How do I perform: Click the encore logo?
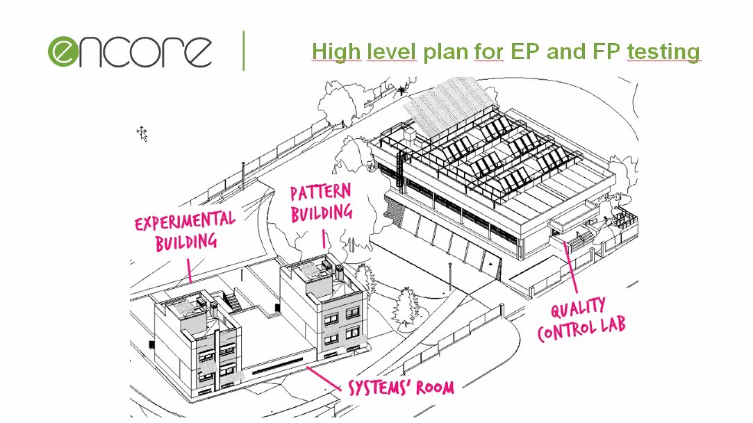[130, 51]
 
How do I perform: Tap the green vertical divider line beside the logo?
[244, 50]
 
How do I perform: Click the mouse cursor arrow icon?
[142, 133]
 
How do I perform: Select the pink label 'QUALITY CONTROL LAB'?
[581, 319]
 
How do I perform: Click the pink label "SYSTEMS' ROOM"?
[401, 386]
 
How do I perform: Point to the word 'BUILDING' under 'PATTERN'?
[322, 213]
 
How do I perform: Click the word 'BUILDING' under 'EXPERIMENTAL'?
[186, 242]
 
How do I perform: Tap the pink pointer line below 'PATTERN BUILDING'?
[323, 240]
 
